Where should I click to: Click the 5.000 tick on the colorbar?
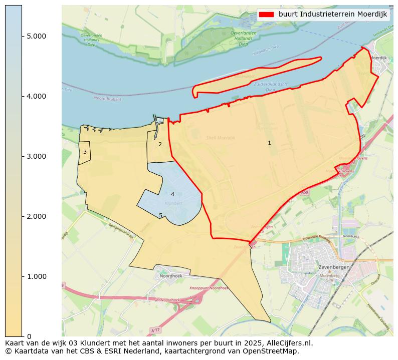tap(36, 36)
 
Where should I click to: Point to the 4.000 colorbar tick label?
tap(36, 96)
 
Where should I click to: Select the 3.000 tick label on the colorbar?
tap(36, 156)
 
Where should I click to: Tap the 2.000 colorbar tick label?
tap(36, 216)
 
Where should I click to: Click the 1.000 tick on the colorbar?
tap(36, 276)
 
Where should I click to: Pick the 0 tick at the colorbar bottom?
tap(29, 336)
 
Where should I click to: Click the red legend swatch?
tap(266, 14)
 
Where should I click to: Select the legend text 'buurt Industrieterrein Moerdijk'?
tap(333, 14)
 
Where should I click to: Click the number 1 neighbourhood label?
tap(269, 143)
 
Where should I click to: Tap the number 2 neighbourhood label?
tap(160, 144)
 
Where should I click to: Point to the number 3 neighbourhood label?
tap(85, 152)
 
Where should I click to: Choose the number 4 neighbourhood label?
tap(172, 194)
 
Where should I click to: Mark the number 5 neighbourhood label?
tap(160, 215)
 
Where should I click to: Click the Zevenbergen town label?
tap(333, 267)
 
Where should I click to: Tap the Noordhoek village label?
tap(170, 276)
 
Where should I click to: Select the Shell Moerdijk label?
tap(221, 138)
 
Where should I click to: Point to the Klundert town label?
tap(173, 203)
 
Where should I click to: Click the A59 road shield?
tap(305, 192)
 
